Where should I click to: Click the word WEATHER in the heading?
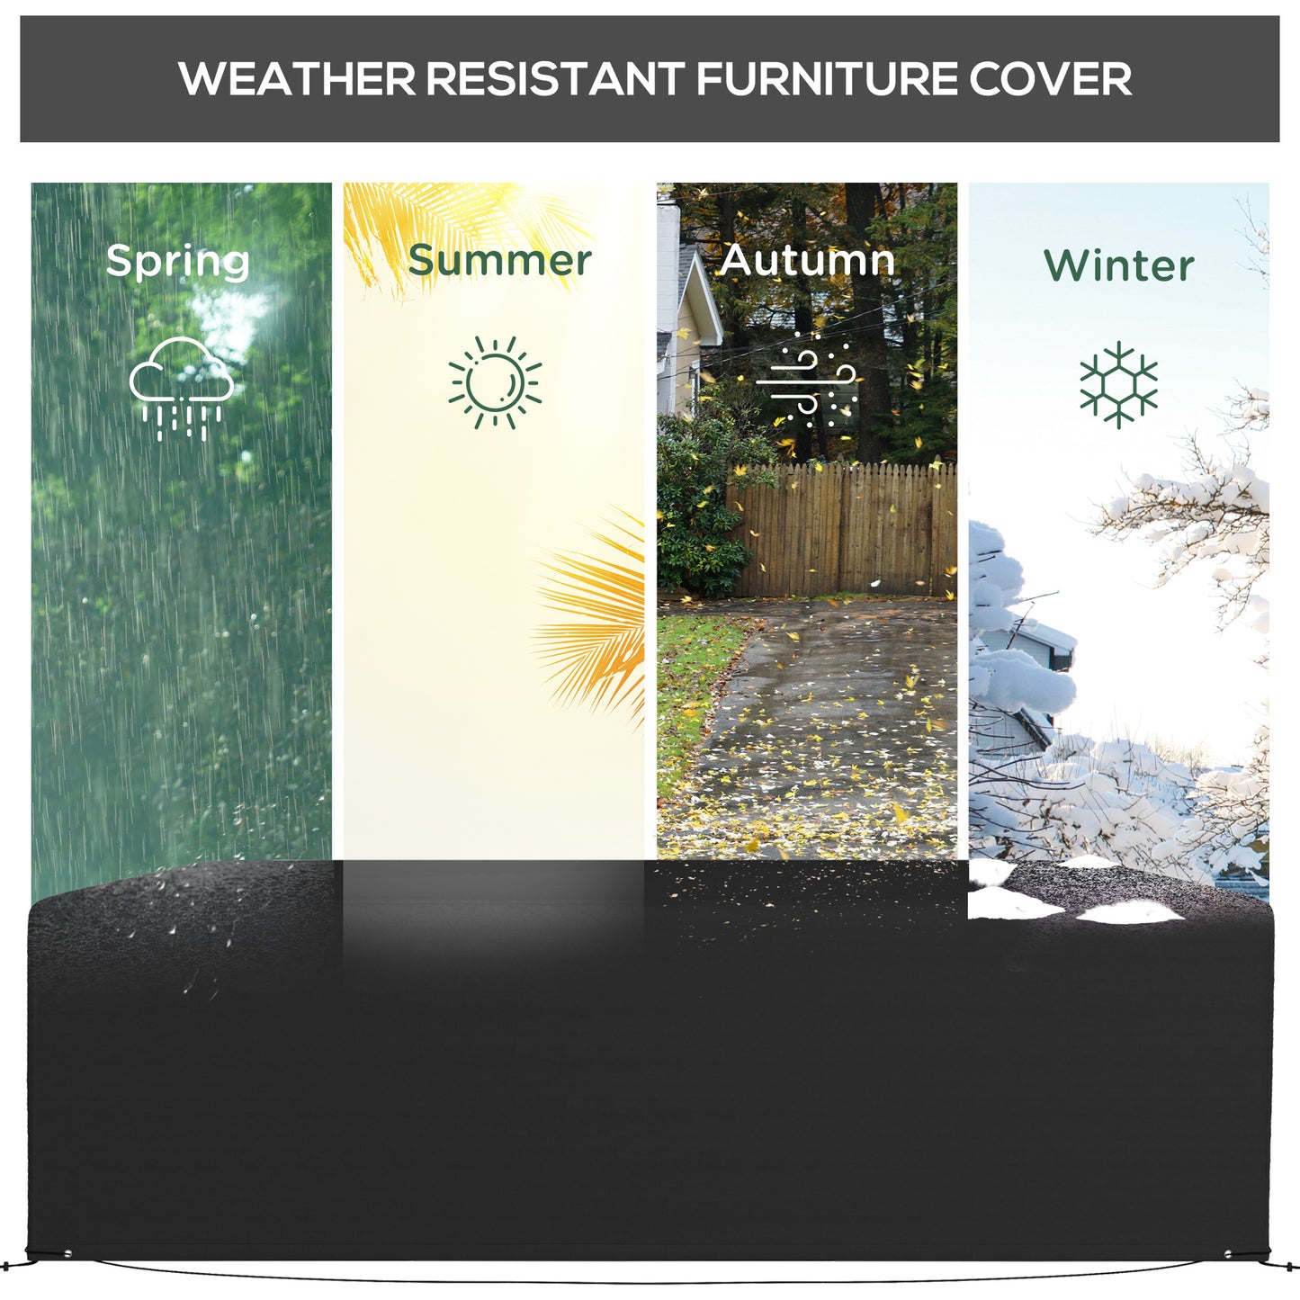tap(297, 79)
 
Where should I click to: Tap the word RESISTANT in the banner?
tap(554, 79)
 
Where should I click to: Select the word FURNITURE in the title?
tap(826, 79)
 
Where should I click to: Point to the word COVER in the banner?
tap(1050, 79)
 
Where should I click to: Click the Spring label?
tap(177, 262)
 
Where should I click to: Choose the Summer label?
tap(499, 261)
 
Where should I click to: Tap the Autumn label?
tap(807, 261)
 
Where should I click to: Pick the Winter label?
tap(1118, 265)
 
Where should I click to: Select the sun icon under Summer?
tap(495, 383)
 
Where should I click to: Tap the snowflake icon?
tap(1118, 384)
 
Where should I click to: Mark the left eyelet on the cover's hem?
tap(67, 1253)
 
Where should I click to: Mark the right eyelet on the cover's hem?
tap(1229, 1253)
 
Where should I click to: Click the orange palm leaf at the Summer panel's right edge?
tap(598, 612)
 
